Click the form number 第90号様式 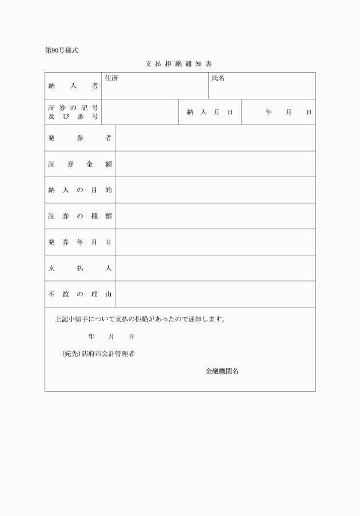click(x=61, y=50)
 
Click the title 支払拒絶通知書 click(x=179, y=63)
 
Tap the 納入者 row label click(x=73, y=86)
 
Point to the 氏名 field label click(x=218, y=78)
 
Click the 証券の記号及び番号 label click(x=73, y=112)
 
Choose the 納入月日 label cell click(x=210, y=112)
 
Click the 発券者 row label click(x=79, y=138)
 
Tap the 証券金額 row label click(x=79, y=164)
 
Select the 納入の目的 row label click(x=79, y=190)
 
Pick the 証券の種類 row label click(x=79, y=216)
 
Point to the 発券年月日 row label click(x=79, y=242)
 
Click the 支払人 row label click(x=79, y=268)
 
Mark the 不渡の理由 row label click(x=79, y=294)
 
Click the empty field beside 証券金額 click(x=215, y=164)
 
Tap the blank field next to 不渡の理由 click(x=215, y=294)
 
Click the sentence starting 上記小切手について click(x=140, y=319)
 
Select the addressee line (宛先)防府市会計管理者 click(x=98, y=354)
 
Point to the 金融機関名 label click(x=222, y=371)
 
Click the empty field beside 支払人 click(x=215, y=268)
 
